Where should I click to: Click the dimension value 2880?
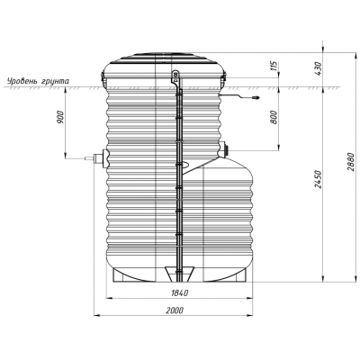[x=352, y=162]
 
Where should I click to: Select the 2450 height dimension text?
[x=318, y=179]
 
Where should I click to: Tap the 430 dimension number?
[x=318, y=68]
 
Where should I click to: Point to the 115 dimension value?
[x=274, y=66]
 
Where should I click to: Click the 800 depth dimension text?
[x=274, y=117]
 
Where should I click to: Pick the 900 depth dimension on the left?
[x=60, y=117]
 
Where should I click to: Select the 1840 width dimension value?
[x=180, y=292]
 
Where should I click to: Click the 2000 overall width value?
[x=175, y=310]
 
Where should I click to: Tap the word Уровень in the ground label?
[x=22, y=81]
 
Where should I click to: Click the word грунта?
[x=54, y=82]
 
